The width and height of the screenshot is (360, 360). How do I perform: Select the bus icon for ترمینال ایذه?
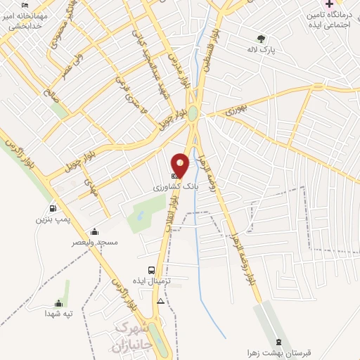click(x=151, y=270)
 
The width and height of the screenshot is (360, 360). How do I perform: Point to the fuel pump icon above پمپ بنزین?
click(x=53, y=209)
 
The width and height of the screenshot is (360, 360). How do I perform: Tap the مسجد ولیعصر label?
click(x=94, y=242)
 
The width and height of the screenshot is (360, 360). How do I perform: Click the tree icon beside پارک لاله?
click(x=262, y=39)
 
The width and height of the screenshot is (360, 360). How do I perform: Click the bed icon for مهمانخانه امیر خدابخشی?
click(x=25, y=5)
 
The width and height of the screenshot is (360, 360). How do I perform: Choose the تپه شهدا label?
click(x=59, y=314)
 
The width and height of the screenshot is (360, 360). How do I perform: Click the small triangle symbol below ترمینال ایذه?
click(x=161, y=301)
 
